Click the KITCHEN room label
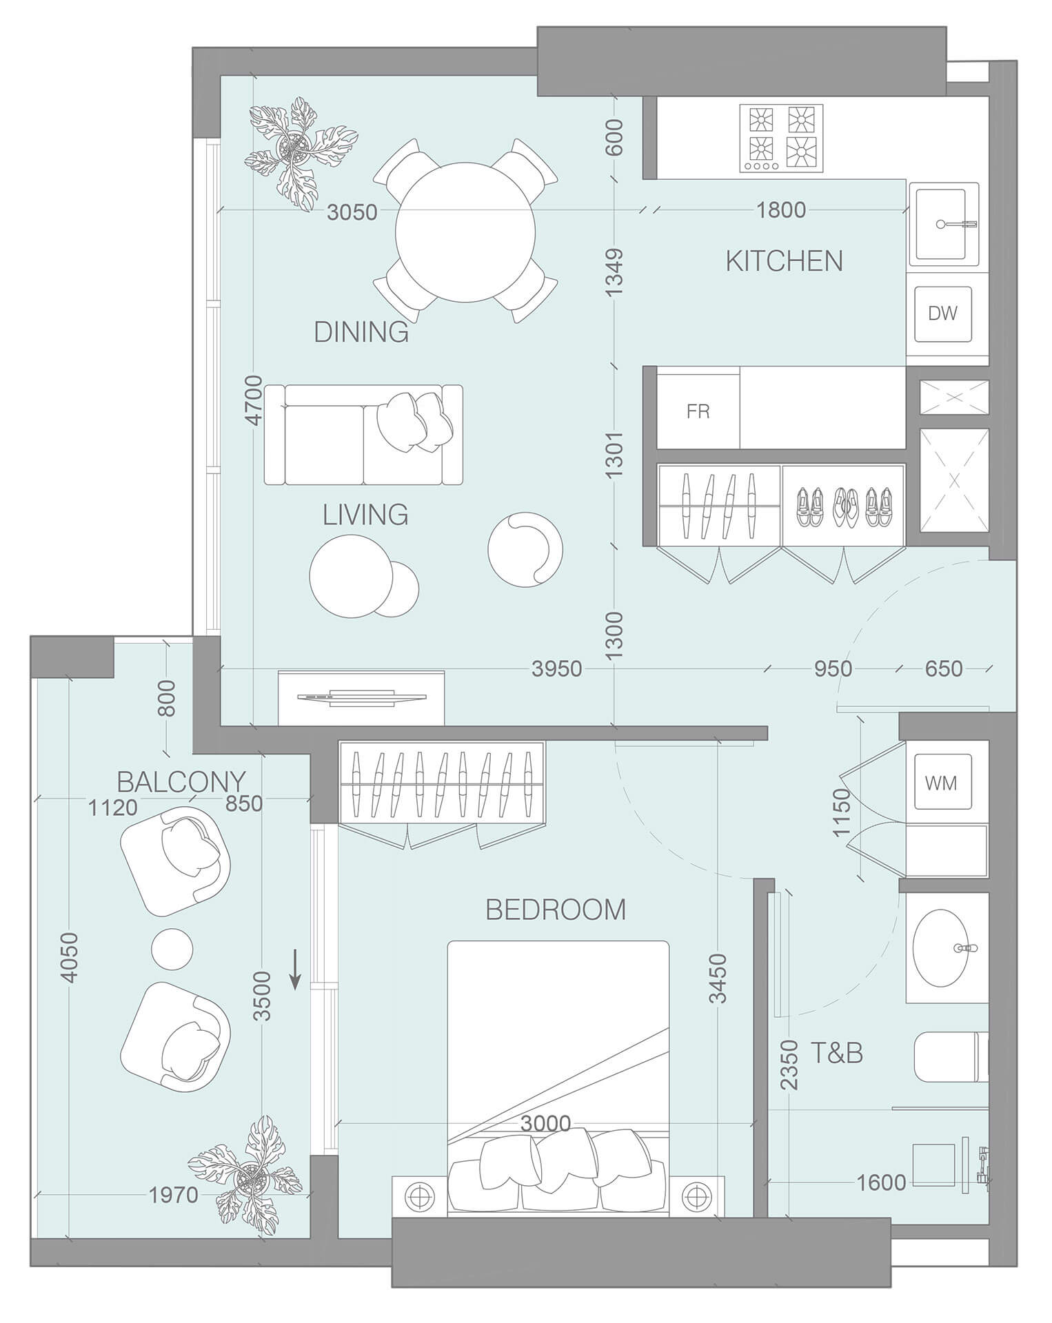(x=784, y=261)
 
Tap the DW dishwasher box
(x=942, y=314)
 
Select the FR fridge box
(x=698, y=411)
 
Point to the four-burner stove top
(x=782, y=138)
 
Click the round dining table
(x=466, y=232)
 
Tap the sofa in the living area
(x=363, y=435)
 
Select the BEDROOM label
(x=556, y=910)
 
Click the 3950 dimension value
(x=557, y=668)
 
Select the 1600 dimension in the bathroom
(x=880, y=1182)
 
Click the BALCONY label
(x=181, y=781)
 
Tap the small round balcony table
(x=172, y=949)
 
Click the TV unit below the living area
(x=361, y=698)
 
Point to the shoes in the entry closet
(x=843, y=508)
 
